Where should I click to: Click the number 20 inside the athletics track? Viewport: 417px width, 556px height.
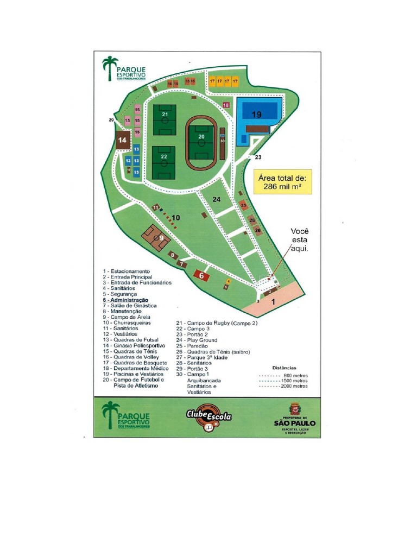tap(201, 137)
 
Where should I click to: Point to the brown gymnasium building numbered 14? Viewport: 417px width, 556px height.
tap(123, 140)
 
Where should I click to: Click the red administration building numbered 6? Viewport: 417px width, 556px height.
tap(201, 276)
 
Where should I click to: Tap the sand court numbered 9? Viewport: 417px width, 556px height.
tap(156, 237)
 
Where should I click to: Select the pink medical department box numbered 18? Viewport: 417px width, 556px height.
tap(226, 105)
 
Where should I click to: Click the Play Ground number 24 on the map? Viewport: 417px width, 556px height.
tap(217, 200)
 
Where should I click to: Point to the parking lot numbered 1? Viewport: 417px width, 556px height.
tap(273, 301)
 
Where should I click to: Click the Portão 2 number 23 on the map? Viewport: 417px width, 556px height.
tap(258, 157)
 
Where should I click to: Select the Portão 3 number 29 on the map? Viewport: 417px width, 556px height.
tap(111, 120)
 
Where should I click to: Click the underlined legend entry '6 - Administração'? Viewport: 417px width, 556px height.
tap(125, 300)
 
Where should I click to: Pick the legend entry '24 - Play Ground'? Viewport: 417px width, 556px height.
tap(197, 340)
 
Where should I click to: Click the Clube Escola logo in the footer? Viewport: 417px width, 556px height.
tap(209, 418)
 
